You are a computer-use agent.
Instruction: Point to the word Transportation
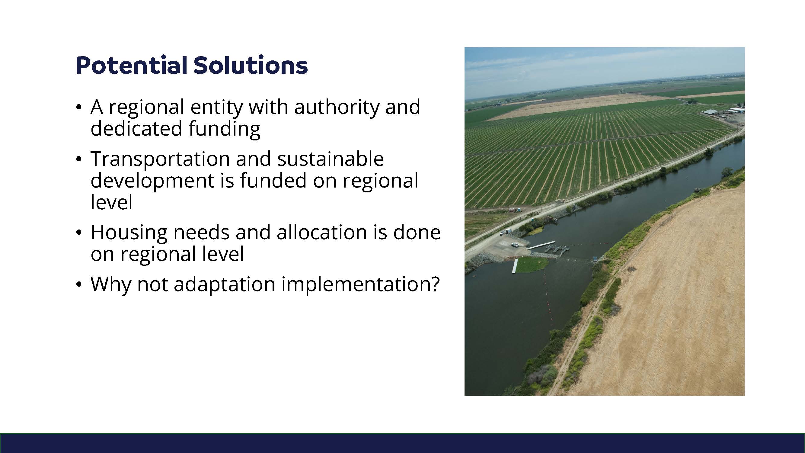(160, 159)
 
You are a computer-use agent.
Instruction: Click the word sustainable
(331, 159)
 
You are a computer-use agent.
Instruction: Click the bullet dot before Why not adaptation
(79, 285)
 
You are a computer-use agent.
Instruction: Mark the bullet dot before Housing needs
(79, 233)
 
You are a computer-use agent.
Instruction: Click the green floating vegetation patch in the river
(532, 265)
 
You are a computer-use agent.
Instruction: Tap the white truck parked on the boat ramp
(514, 245)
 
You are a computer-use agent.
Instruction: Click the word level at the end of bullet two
(112, 202)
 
